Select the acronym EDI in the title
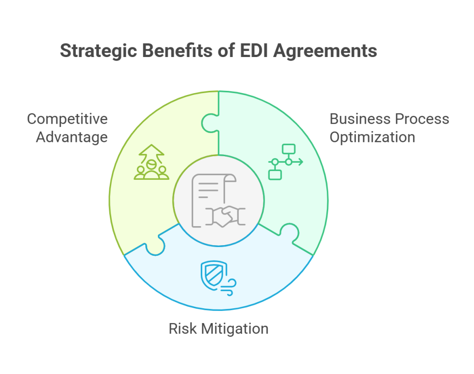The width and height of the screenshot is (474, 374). (x=254, y=51)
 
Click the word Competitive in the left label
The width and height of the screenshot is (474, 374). (x=67, y=119)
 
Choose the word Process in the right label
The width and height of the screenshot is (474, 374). (x=421, y=119)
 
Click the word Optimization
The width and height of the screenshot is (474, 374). (x=372, y=138)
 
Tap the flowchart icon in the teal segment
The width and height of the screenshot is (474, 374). (x=285, y=162)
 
